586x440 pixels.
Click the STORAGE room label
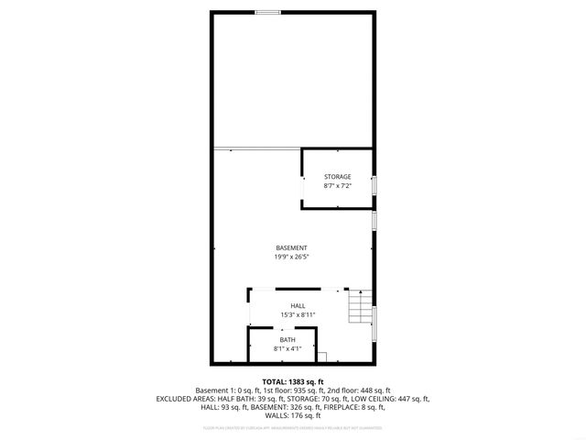click(337, 177)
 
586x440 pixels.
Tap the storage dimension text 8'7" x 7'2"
click(337, 186)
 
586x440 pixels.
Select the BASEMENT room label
click(291, 247)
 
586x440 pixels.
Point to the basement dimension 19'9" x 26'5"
click(291, 257)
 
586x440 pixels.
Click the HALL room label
click(298, 306)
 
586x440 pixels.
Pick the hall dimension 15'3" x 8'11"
click(298, 315)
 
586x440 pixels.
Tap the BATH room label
click(288, 340)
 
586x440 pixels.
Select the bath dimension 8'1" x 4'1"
click(288, 349)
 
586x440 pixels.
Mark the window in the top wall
click(267, 12)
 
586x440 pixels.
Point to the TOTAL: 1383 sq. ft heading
click(293, 381)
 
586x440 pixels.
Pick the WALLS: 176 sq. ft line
click(293, 415)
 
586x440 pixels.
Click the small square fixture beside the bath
click(320, 354)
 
